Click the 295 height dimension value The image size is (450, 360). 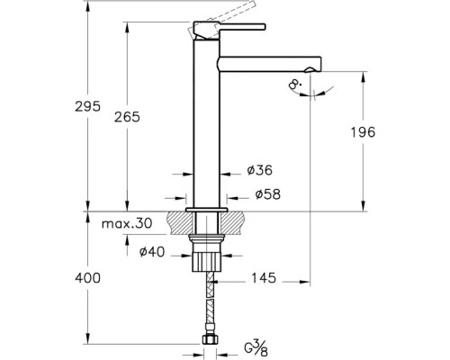click(87, 106)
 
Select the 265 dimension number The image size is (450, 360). click(127, 117)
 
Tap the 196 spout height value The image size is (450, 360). click(363, 132)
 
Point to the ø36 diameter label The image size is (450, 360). click(260, 170)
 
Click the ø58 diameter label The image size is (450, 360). click(268, 194)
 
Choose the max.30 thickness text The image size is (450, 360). click(127, 223)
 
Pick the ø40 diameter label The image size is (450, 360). click(152, 252)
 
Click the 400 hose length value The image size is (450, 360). click(87, 278)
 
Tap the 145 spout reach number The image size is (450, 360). click(264, 278)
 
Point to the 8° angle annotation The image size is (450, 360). click(295, 85)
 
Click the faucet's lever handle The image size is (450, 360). click(229, 28)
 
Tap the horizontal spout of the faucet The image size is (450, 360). click(269, 64)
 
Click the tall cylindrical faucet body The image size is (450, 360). click(206, 123)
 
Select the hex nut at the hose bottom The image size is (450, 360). click(210, 339)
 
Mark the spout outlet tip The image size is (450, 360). click(310, 70)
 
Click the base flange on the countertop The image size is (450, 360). click(206, 210)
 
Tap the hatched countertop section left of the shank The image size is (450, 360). click(180, 222)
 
